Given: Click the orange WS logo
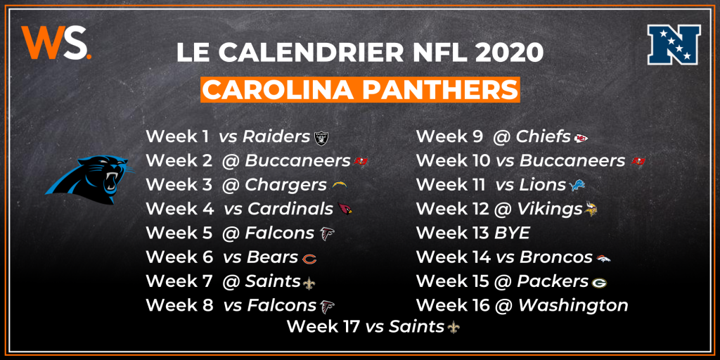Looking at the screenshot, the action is [x=56, y=43].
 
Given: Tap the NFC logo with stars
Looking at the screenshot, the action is [x=674, y=44].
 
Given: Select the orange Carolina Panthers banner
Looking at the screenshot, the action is [x=361, y=89].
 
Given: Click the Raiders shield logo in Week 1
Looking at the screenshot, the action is [x=321, y=137].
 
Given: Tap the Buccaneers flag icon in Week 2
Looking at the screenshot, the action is [x=361, y=162].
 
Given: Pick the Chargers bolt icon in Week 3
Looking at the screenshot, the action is [x=340, y=185].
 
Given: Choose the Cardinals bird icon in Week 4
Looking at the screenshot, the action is [x=345, y=209].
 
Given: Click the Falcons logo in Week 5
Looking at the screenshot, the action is [x=327, y=233].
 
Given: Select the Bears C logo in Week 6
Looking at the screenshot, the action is [x=309, y=259].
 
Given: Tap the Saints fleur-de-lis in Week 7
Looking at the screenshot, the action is [x=309, y=283].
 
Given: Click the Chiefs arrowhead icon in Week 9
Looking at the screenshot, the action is [x=581, y=138].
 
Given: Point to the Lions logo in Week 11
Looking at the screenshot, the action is [x=577, y=185].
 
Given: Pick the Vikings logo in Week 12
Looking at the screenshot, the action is [x=591, y=209].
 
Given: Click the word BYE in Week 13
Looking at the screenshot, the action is [x=512, y=233].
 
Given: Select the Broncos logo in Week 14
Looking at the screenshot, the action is [x=603, y=259].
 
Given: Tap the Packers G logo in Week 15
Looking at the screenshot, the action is [x=599, y=283].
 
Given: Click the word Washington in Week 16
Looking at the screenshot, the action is [x=574, y=305].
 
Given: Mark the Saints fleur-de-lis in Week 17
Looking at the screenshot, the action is [x=454, y=327].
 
